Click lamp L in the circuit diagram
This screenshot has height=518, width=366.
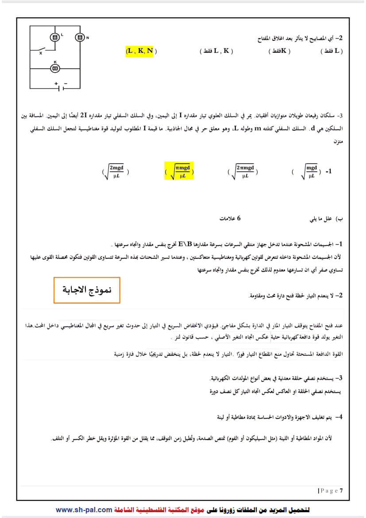pos(55,38)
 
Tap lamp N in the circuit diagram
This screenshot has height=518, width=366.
pos(80,38)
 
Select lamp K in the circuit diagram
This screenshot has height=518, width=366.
pos(55,68)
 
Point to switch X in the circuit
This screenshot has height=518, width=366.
pos(43,49)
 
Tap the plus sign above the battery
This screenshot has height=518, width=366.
pos(56,83)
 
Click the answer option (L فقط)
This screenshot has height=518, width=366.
pos(331,51)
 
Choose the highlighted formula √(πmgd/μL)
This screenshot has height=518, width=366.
pos(179,171)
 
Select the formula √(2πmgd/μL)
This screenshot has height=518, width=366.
pos(243,171)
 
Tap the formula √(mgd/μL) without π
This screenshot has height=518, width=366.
pos(308,171)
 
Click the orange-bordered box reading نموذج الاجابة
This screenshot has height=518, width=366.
pos(87,290)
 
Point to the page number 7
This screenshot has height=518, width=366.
pos(341,491)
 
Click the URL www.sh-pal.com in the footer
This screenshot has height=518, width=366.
pos(84,510)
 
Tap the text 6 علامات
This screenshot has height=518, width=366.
pos(230,218)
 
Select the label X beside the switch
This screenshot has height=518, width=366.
pos(40,53)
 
